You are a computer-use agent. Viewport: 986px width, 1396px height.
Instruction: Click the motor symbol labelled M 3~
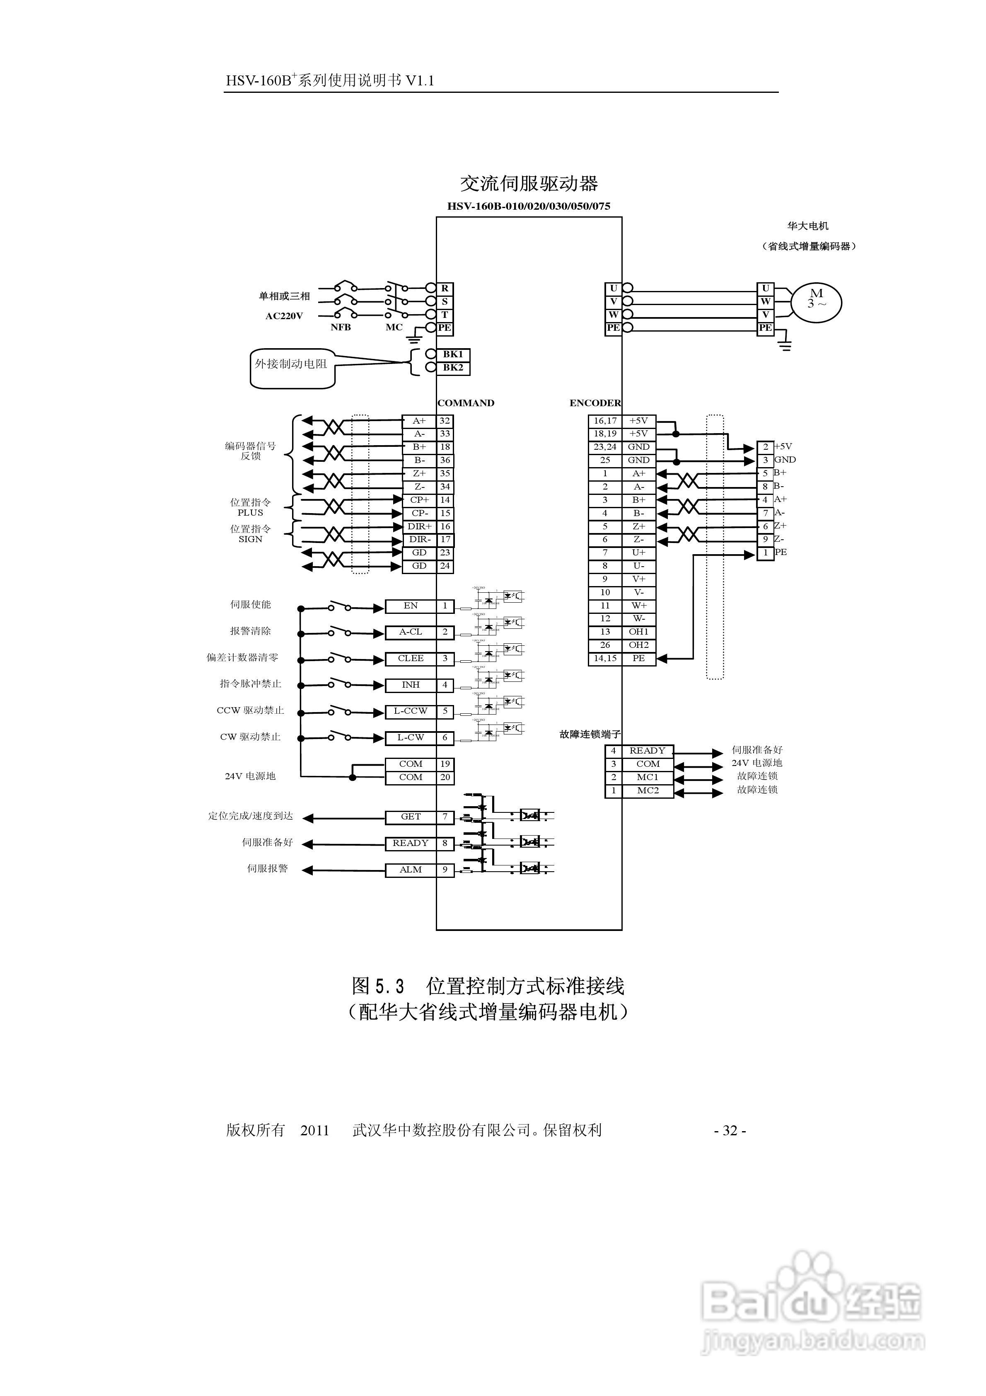[x=816, y=302]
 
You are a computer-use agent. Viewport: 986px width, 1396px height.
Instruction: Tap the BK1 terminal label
[x=453, y=354]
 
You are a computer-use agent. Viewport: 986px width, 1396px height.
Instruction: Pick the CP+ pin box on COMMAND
[x=419, y=500]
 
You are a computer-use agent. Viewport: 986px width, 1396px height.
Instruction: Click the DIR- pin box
[x=419, y=539]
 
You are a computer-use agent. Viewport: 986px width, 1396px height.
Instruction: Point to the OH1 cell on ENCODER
[x=638, y=632]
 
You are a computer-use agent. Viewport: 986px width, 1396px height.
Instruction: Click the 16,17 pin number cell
[x=605, y=421]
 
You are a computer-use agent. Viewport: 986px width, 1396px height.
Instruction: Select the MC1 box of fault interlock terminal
[x=648, y=777]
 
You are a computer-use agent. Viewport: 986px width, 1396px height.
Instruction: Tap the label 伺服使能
[x=251, y=604]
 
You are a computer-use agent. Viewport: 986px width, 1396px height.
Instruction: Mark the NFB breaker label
[x=341, y=327]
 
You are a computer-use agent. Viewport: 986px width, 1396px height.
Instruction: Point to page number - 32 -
[x=730, y=1130]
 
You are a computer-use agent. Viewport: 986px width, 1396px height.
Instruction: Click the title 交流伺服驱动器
[x=529, y=183]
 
